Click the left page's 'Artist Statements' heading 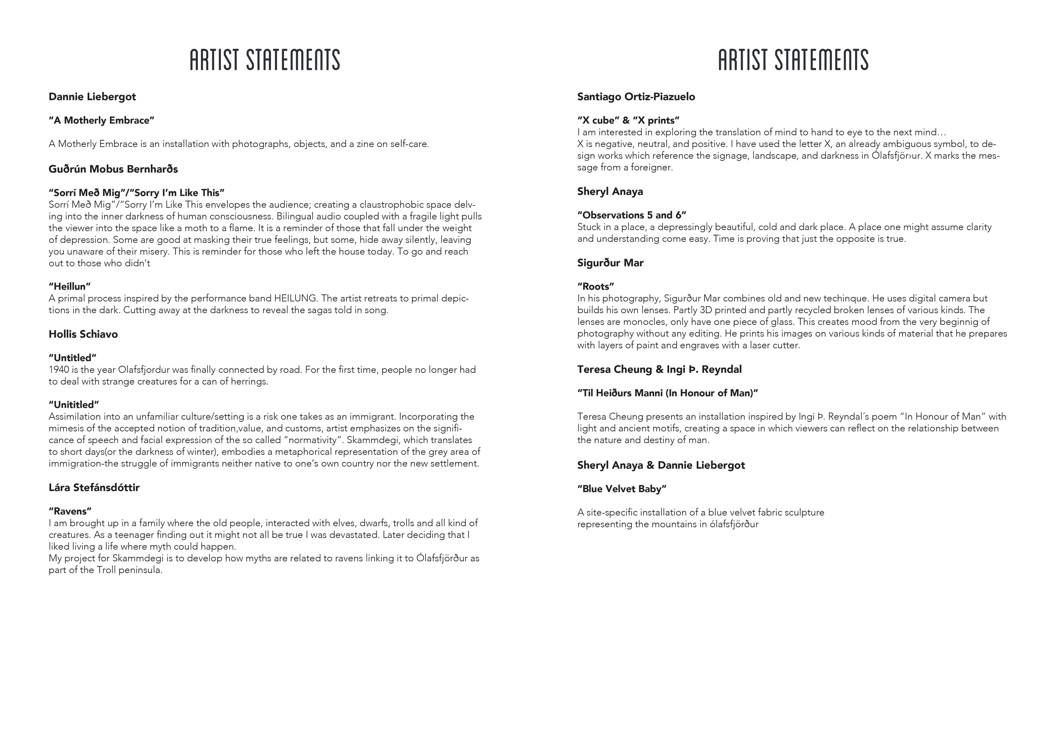(265, 60)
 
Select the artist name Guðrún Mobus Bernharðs (113, 169)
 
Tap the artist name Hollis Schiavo (83, 334)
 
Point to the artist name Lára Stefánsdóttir (94, 487)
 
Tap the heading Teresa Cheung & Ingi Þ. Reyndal (659, 369)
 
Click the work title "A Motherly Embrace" (101, 120)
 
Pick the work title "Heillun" (70, 286)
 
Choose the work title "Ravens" (70, 511)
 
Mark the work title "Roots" (595, 286)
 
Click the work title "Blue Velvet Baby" (622, 489)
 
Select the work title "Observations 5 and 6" (632, 215)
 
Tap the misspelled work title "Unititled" (74, 405)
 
